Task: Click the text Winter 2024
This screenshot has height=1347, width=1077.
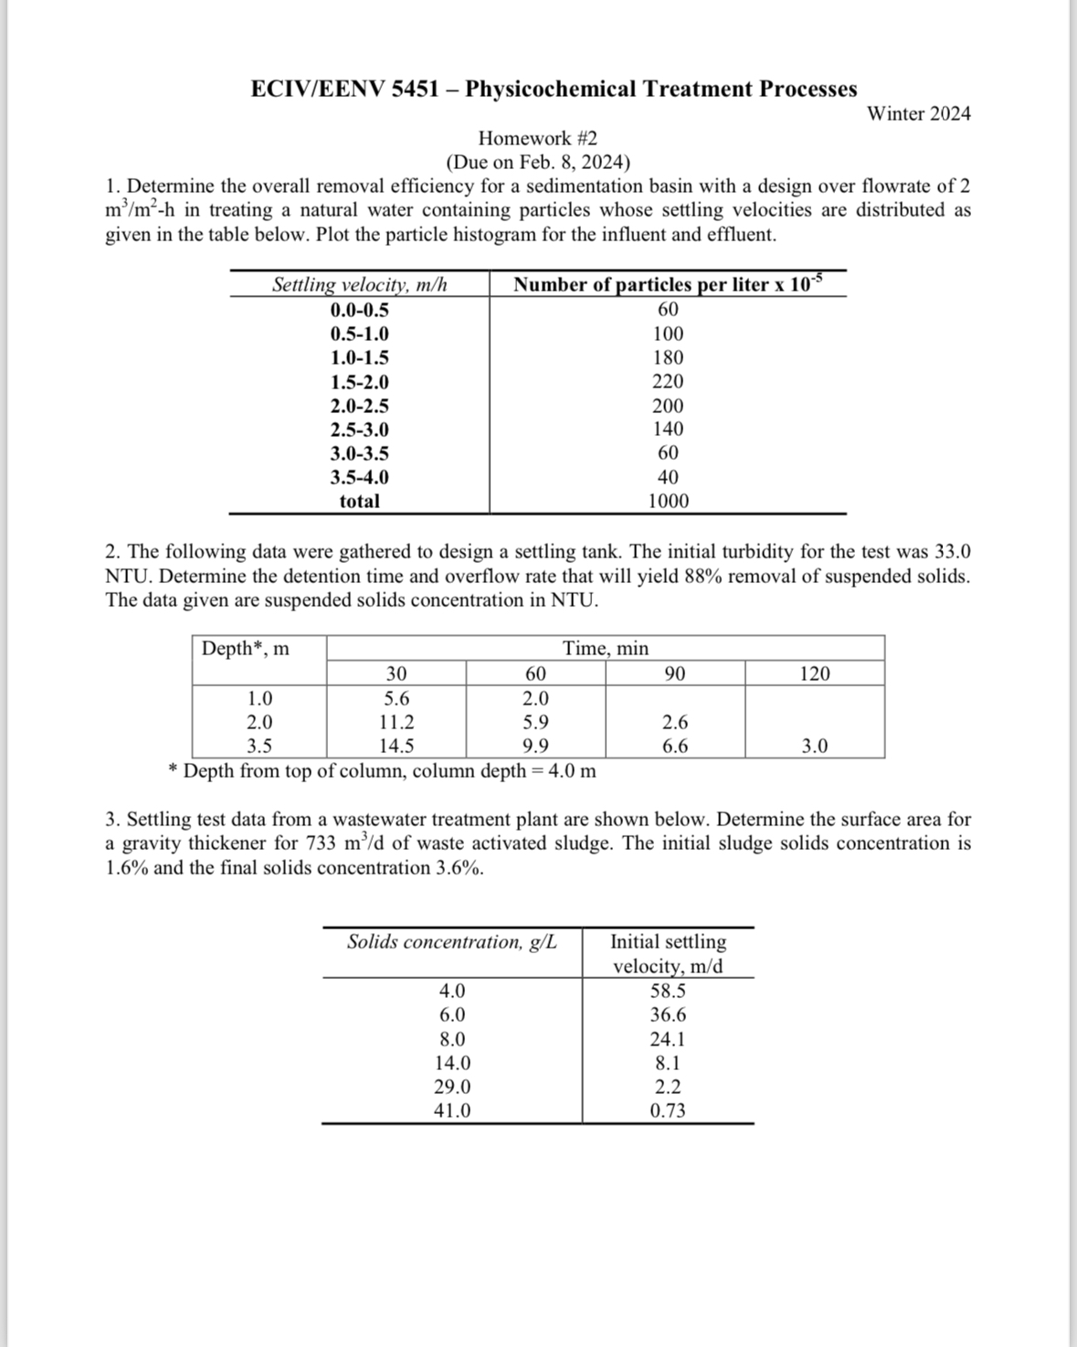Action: coord(918,114)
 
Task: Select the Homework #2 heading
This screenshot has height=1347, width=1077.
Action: coord(537,139)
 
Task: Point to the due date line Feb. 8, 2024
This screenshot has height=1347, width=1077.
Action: coord(537,163)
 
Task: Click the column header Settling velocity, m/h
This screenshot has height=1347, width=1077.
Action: coord(359,285)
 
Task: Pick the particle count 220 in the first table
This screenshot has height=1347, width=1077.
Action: coord(668,382)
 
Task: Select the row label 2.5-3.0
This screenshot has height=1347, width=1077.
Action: coord(359,430)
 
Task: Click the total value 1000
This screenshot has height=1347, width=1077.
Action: coord(668,501)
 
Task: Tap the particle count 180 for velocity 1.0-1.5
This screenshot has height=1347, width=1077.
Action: coord(668,358)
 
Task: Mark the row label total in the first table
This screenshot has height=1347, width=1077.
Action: coord(359,501)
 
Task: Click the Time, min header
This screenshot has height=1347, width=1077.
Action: coord(605,649)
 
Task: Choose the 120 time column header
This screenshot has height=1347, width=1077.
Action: coord(814,674)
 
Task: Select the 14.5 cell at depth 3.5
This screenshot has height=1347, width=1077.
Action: coord(396,746)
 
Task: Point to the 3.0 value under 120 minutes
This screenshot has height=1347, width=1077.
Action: coord(814,746)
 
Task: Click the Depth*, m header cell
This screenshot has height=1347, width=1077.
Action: coord(245,649)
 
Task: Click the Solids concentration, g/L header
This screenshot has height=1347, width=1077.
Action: coord(451,942)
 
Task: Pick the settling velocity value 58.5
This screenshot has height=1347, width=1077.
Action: coord(668,992)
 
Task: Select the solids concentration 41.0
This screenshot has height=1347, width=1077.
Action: coord(452,1111)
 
